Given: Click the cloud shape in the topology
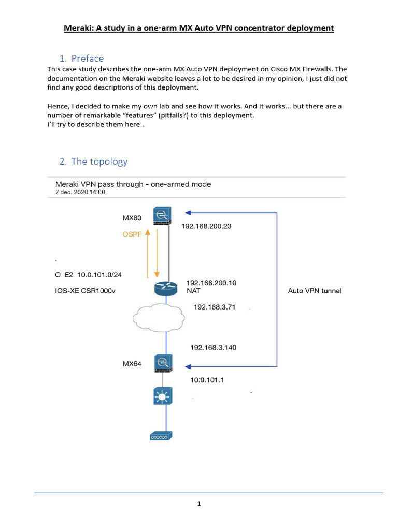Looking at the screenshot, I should click(x=163, y=316).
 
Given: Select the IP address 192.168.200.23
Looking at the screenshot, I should click(x=206, y=226).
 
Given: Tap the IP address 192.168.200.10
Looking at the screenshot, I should click(x=211, y=283).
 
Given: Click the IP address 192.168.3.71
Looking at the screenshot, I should click(x=215, y=307).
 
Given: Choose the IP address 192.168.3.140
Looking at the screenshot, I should click(x=213, y=347).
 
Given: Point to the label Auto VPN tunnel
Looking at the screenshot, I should click(x=315, y=291).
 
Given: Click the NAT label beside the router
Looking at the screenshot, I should click(x=193, y=291).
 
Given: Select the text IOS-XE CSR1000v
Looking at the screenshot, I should click(x=86, y=291).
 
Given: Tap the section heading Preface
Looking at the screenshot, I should click(x=88, y=58).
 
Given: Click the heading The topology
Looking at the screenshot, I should click(x=99, y=161).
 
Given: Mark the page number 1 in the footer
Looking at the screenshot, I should click(x=199, y=504).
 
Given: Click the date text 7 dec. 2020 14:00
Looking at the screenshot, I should click(x=80, y=192).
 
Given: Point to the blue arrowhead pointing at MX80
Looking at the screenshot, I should click(x=189, y=212).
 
